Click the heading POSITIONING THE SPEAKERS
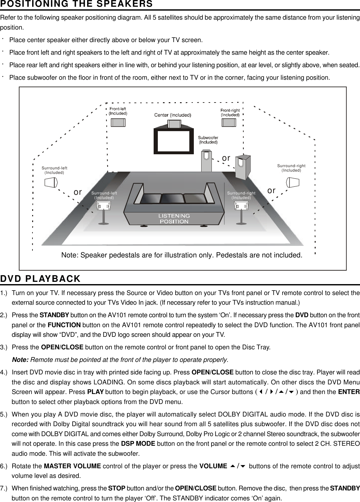pos(76,4)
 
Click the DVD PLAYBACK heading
pos(40,279)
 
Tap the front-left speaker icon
pos(118,123)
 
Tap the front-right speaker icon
pos(229,123)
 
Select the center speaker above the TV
pos(174,124)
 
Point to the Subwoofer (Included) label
pos(208,140)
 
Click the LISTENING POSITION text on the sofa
pos(174,219)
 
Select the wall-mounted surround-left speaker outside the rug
pos(51,182)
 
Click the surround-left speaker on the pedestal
pos(104,206)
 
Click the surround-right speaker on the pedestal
pos(241,206)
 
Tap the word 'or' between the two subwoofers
pos(226,158)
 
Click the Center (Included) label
pos(173,115)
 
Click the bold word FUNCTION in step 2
pos(64,324)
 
